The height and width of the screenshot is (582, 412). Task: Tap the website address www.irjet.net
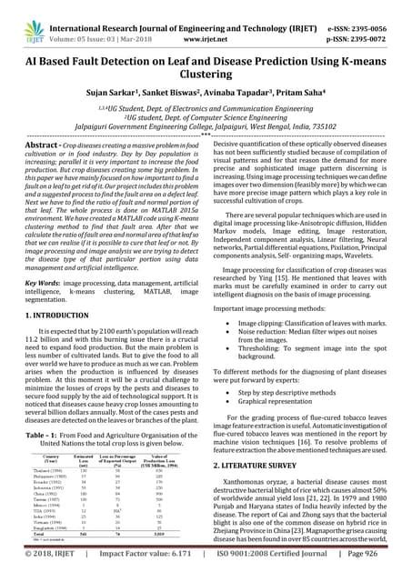[x=211, y=17]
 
